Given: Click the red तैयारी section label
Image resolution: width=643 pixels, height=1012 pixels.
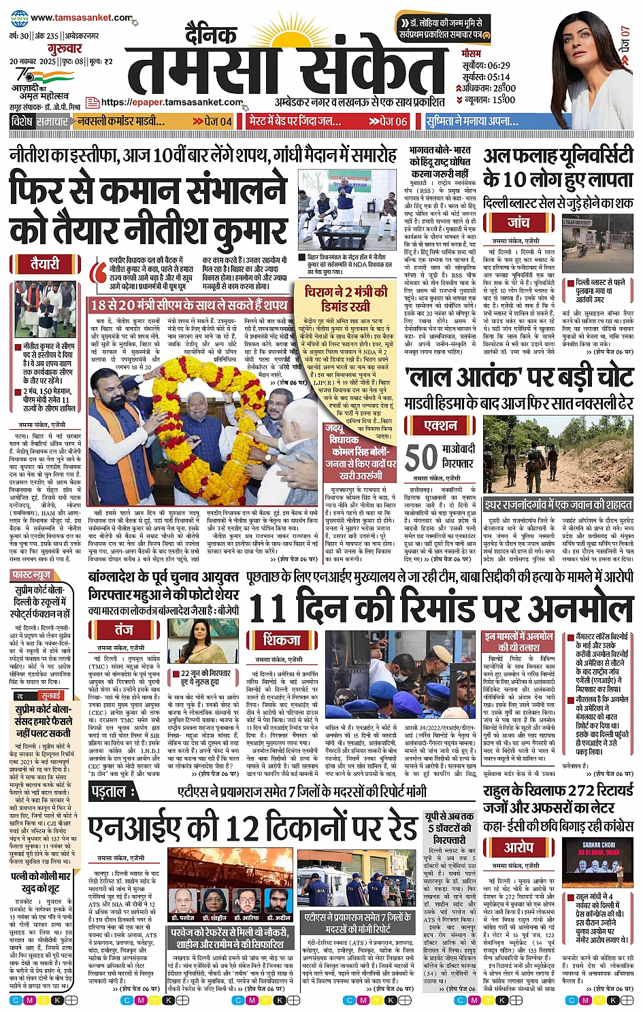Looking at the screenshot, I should (x=44, y=264).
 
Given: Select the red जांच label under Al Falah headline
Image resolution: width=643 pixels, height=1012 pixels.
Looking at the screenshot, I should (x=518, y=223).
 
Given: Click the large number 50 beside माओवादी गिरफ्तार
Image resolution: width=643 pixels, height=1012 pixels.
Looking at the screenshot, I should (x=421, y=458).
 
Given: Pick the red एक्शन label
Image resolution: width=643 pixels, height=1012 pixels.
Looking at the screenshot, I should (x=440, y=426).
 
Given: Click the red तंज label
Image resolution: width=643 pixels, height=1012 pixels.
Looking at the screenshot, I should (x=124, y=629).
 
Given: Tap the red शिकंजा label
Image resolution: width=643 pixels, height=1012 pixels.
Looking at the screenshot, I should (x=282, y=640).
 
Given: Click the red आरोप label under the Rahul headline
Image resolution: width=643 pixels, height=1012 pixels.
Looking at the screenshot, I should (x=518, y=847).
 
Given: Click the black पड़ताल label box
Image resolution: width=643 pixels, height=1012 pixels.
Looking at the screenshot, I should (x=108, y=792).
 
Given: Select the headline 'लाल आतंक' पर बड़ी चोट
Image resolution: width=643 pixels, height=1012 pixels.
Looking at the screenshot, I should (x=519, y=377).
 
